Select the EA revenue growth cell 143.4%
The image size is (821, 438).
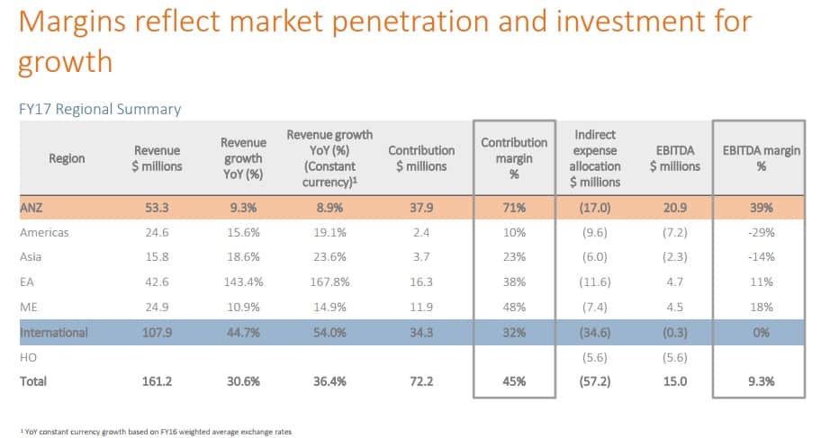(x=243, y=282)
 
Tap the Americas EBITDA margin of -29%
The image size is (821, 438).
(x=761, y=233)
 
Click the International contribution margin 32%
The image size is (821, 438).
(x=513, y=333)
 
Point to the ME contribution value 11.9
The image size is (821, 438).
(x=417, y=308)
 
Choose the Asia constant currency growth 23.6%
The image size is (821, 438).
(x=322, y=257)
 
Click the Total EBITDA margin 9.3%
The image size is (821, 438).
(x=761, y=381)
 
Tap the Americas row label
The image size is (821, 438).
(x=44, y=233)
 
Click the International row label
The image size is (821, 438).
(x=54, y=333)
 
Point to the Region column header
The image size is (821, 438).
(x=68, y=158)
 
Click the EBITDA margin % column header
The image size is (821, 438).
(x=761, y=158)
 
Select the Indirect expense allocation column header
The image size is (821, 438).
(x=595, y=158)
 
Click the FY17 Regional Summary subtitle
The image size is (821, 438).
(x=100, y=109)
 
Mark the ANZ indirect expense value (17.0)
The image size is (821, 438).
(x=595, y=208)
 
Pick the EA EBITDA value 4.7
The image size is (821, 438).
(x=674, y=282)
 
